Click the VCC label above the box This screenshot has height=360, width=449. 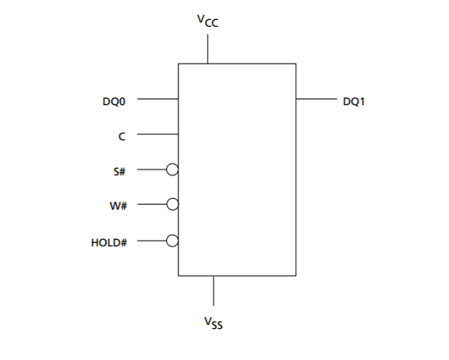pos(208,21)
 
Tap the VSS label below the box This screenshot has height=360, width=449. pos(214,322)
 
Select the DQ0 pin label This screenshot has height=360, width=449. pos(114,101)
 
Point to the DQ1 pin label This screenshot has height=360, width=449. pos(354,101)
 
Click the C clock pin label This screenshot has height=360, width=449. pos(122,136)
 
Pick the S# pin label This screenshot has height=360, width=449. pos(119,171)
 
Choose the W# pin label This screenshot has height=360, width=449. pos(118,205)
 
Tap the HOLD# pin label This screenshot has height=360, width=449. pos(108,243)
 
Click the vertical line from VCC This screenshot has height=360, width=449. pos(208,49)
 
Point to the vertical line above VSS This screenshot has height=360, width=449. pos(214,291)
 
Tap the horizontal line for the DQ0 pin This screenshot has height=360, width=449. pos(158,99)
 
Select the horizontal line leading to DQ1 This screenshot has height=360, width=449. pos(316,99)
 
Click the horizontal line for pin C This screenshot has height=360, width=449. pos(158,134)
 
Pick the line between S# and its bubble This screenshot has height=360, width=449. pos(152,170)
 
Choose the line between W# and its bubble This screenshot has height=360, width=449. pos(152,204)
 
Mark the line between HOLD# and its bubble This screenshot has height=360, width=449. pos(152,241)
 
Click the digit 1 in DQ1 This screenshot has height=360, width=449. pos(362,101)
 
